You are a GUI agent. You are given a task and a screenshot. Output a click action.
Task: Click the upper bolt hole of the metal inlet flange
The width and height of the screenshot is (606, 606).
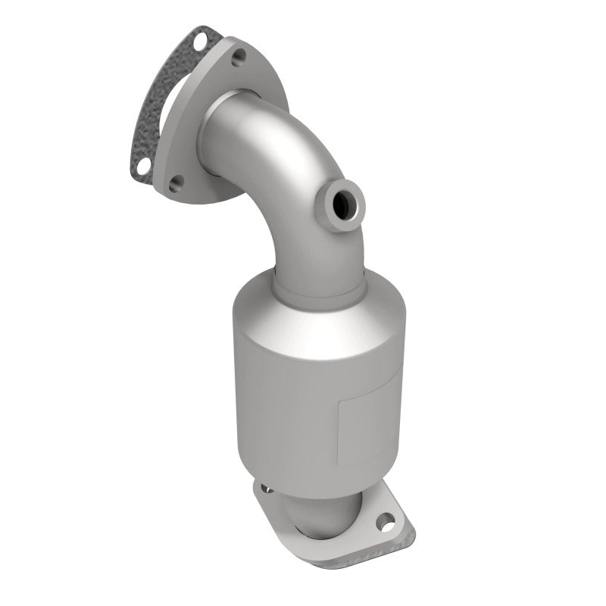239,55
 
